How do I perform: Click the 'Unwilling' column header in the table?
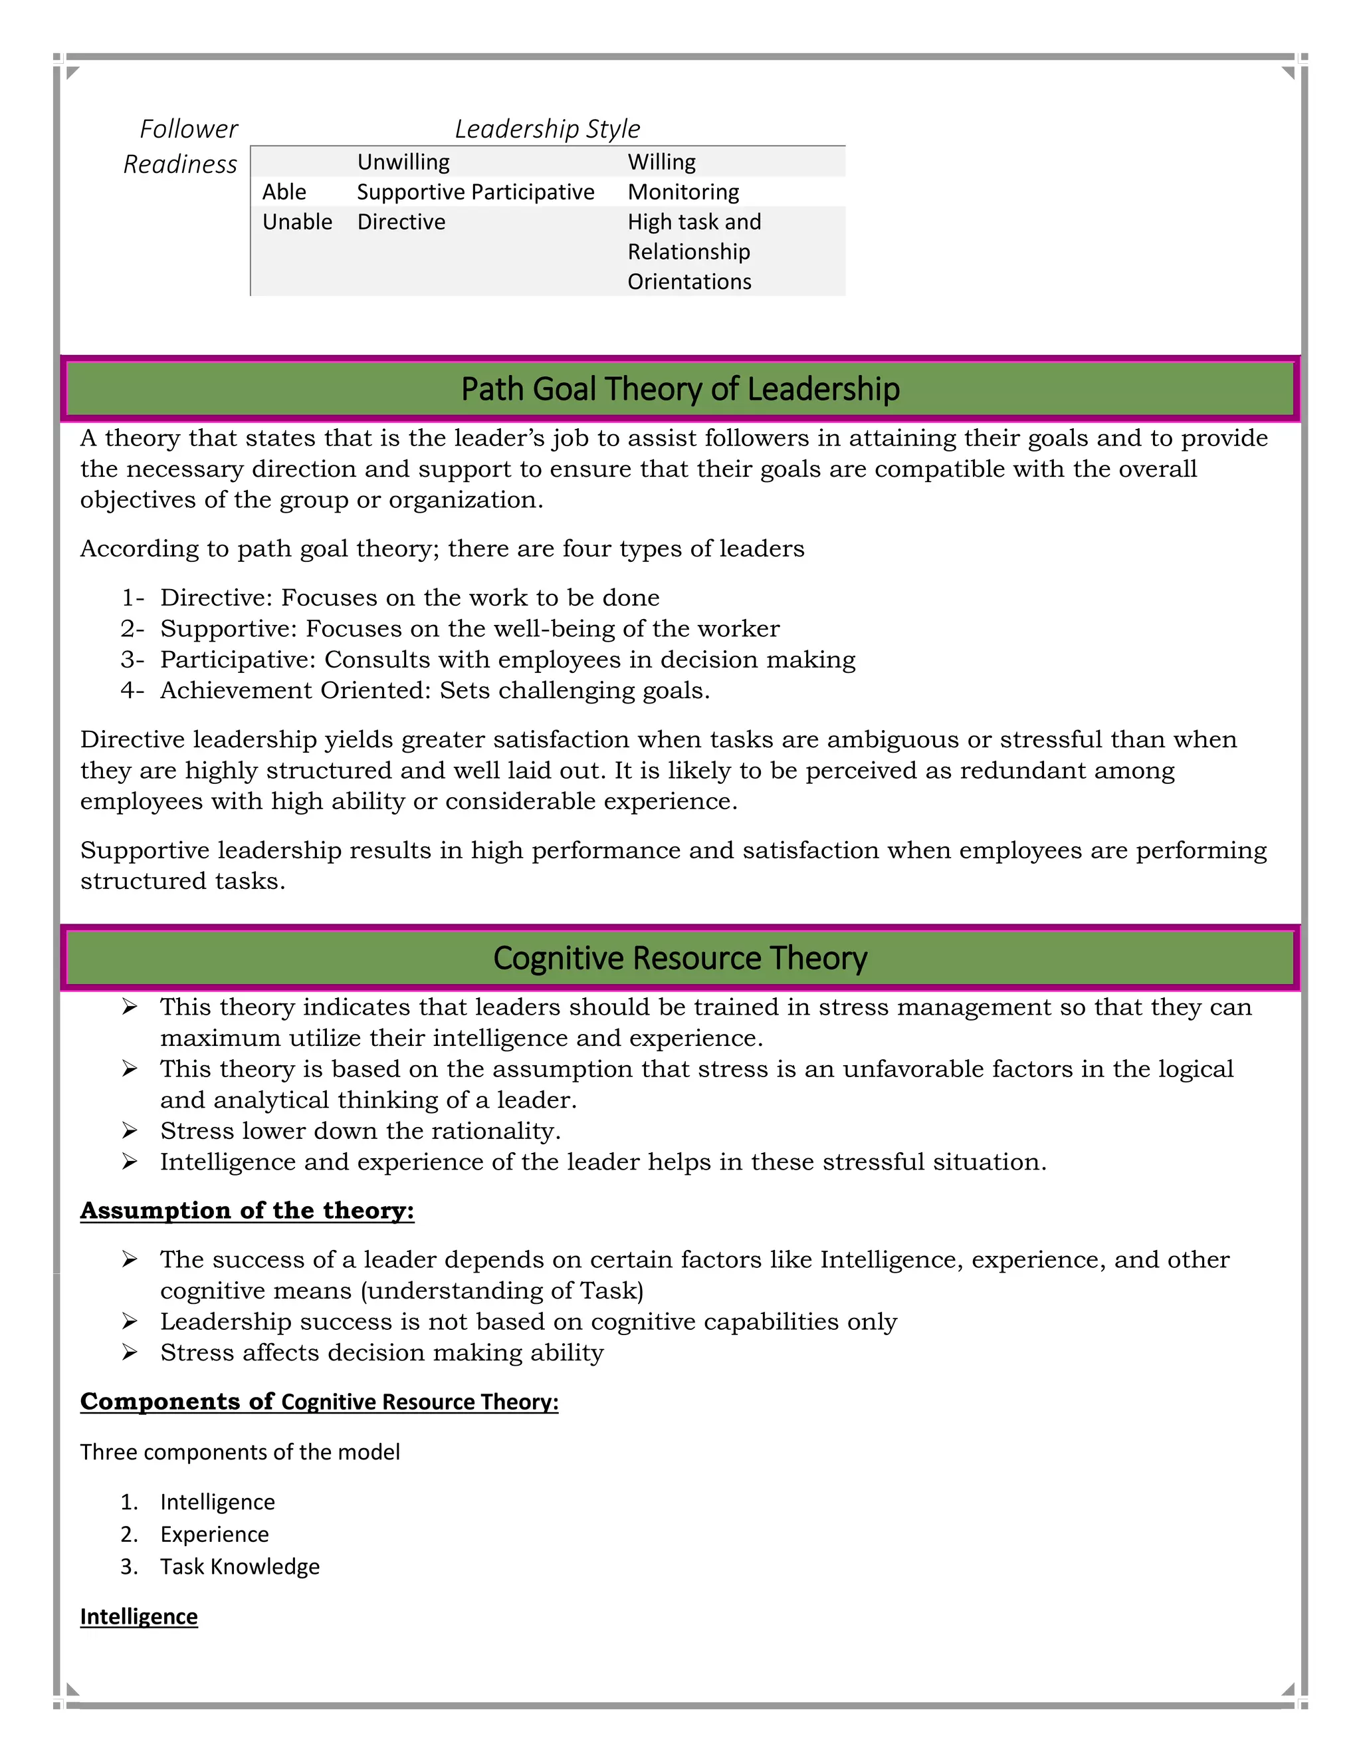(403, 162)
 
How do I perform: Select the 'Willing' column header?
(661, 162)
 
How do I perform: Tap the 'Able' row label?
(284, 192)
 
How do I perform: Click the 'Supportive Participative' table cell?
(475, 192)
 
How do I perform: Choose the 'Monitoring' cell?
(683, 192)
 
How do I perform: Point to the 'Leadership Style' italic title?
(547, 129)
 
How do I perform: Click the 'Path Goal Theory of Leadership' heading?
(680, 389)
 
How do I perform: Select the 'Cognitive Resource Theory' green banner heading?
(680, 958)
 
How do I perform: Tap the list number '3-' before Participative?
(132, 660)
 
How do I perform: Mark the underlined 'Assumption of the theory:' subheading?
(247, 1210)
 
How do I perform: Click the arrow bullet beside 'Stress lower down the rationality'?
(130, 1130)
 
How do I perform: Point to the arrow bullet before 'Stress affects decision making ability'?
(130, 1352)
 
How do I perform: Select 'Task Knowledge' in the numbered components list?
(239, 1566)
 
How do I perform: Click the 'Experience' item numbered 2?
(215, 1534)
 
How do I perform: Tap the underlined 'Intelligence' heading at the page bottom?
(139, 1617)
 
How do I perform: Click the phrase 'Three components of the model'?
(239, 1452)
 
